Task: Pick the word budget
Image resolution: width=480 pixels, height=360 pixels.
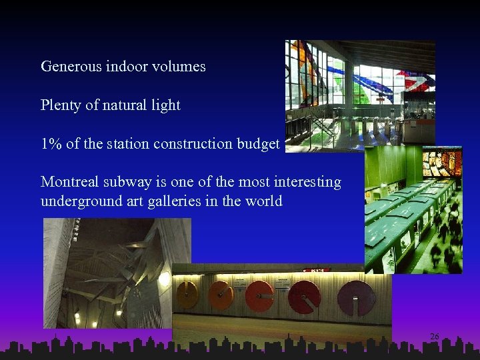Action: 257,144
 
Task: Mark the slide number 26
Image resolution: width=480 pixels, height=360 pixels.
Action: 434,337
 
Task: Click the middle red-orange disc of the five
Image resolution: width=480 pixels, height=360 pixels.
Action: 261,295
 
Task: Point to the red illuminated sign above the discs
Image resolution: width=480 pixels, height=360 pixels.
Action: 316,270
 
